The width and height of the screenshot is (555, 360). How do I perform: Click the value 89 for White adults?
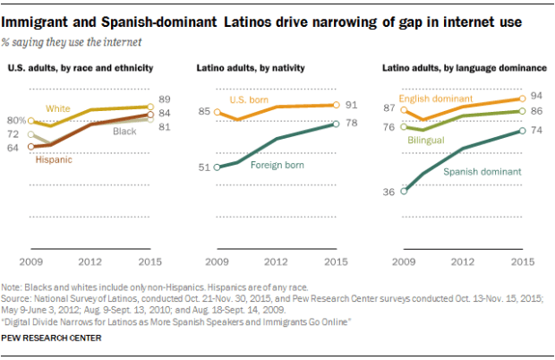pyautogui.click(x=166, y=99)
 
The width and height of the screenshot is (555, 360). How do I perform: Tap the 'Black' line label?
pyautogui.click(x=124, y=131)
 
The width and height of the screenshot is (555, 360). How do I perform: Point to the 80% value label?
pyautogui.click(x=16, y=120)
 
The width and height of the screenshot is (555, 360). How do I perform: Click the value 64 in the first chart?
pyautogui.click(x=15, y=147)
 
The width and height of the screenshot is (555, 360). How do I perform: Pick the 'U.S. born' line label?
pyautogui.click(x=249, y=99)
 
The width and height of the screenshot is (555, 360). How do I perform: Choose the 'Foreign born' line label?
pyautogui.click(x=273, y=166)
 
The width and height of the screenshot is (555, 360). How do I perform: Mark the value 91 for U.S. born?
pyautogui.click(x=353, y=105)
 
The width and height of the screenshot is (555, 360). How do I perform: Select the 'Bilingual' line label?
pyautogui.click(x=426, y=141)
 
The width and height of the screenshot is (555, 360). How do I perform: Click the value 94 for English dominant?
pyautogui.click(x=537, y=96)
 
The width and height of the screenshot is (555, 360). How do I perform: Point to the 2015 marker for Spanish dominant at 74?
pyautogui.click(x=522, y=132)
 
